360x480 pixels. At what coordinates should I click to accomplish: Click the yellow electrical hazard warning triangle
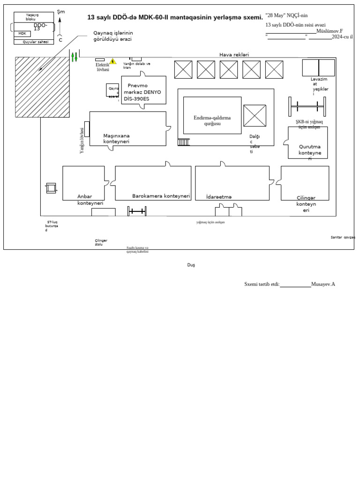112,61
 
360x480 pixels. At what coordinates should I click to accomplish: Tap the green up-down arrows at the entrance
74,57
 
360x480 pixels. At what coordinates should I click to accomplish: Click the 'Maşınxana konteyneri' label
116,138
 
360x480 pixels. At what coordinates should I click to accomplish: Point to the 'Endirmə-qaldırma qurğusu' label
212,120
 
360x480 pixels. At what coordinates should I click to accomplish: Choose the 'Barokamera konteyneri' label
161,196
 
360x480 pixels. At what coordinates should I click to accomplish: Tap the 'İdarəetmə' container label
219,197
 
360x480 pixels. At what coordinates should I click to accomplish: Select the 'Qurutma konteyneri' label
310,152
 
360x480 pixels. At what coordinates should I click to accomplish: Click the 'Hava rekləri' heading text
234,55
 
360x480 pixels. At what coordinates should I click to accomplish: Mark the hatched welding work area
43,87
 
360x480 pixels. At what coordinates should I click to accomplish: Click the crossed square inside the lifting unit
255,116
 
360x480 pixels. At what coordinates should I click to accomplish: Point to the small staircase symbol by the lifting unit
184,142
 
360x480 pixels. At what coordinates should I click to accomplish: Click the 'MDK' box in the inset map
22,34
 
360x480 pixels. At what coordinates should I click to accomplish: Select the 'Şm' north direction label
60,11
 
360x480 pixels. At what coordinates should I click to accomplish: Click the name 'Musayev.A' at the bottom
323,284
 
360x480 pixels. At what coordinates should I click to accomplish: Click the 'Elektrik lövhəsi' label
102,67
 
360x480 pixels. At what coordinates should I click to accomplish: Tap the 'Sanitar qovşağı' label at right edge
343,237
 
